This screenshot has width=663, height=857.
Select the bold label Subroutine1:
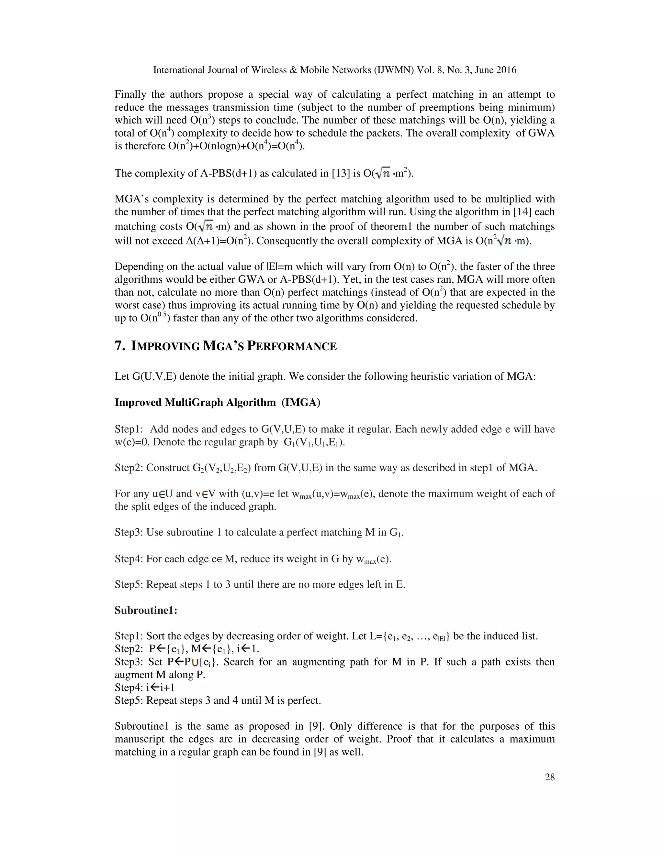146,610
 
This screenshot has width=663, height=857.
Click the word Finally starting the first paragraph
130,94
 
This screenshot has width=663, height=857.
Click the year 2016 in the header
506,70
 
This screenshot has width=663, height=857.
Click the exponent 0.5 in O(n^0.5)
162,314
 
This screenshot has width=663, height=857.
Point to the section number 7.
119,346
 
